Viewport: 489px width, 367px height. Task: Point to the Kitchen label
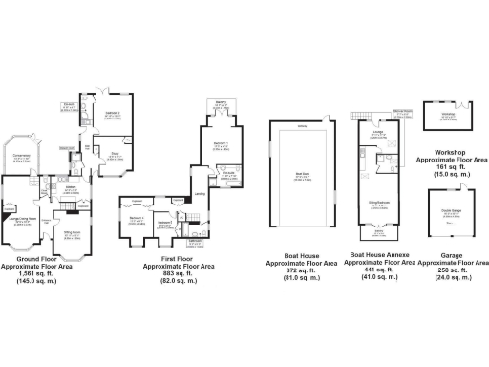coord(70,188)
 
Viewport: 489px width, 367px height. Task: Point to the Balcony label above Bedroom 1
coord(221,103)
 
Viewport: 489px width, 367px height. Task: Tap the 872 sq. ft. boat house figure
coord(303,269)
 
